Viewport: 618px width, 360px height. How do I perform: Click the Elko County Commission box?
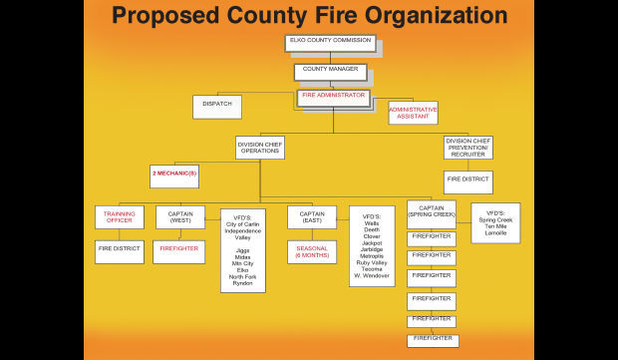point(330,43)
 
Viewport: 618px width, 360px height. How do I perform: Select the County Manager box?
point(330,71)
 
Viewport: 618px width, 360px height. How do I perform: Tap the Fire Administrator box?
point(333,97)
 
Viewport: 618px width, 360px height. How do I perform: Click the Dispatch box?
point(216,106)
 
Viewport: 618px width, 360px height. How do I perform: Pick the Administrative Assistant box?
point(413,112)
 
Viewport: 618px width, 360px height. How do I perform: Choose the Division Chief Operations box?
point(259,147)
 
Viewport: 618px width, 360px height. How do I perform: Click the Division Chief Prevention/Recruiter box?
point(467,148)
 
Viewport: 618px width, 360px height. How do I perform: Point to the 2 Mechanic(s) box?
point(174,176)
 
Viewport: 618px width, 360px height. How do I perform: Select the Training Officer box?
point(120,216)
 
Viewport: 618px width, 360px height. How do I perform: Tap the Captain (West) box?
point(180,216)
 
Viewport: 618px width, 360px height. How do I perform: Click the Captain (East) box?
point(312,216)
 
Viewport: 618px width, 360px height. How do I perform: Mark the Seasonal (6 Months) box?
point(312,251)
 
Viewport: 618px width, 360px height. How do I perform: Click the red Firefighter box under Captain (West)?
point(180,251)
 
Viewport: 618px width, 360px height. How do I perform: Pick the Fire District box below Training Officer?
point(120,251)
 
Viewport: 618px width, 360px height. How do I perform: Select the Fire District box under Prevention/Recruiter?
point(467,181)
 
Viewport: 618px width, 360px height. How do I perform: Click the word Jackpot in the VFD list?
point(372,242)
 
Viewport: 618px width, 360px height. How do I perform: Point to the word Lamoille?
point(495,231)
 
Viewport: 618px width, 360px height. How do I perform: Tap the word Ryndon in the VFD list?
point(242,283)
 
